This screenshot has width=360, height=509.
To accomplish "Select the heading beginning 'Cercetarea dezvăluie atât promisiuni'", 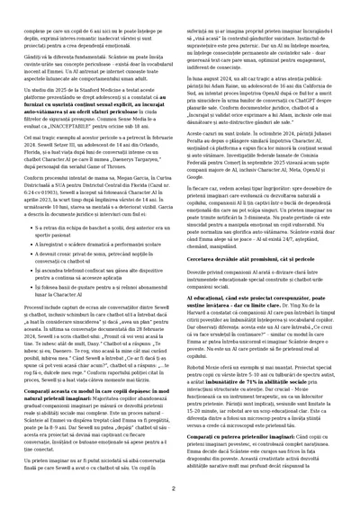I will pyautogui.click(x=244, y=258).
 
